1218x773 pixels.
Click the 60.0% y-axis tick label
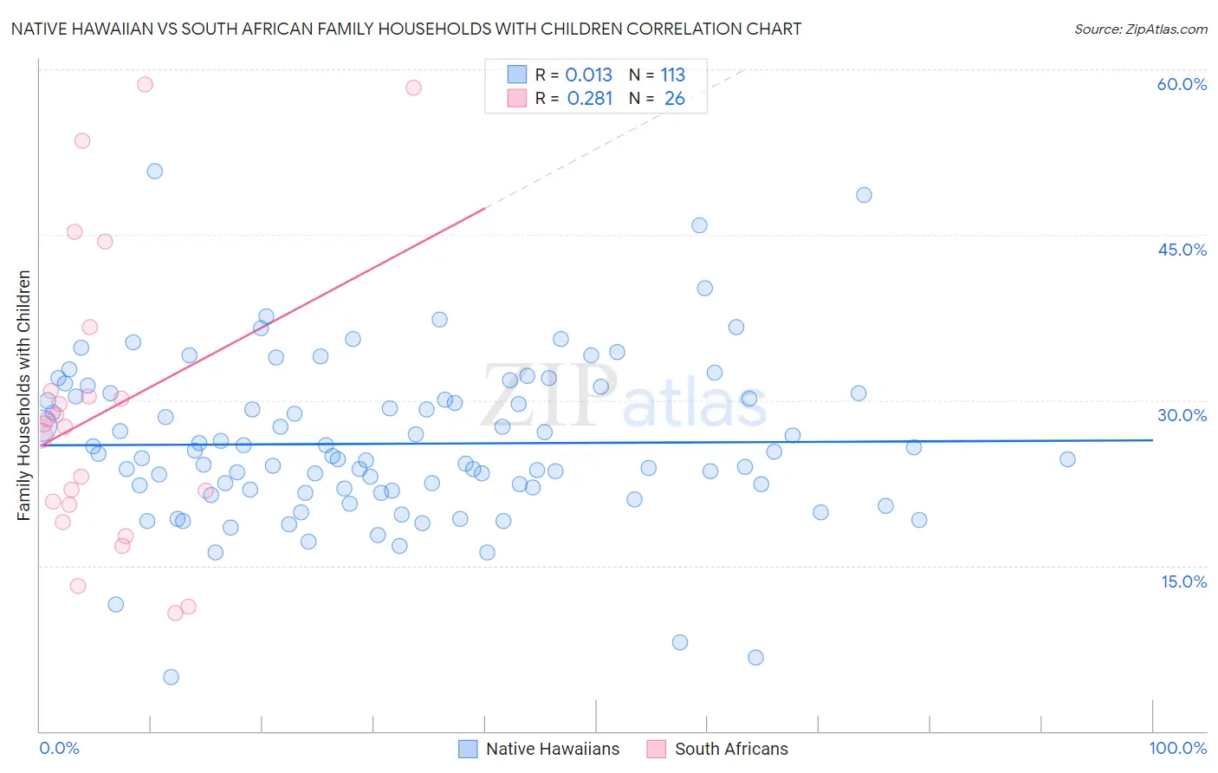tap(1182, 84)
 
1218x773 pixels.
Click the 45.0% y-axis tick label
tap(1182, 250)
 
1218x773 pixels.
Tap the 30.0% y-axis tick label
tap(1182, 415)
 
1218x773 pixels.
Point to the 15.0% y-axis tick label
tap(1183, 581)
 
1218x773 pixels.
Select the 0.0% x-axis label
tap(59, 748)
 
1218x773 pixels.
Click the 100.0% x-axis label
tap(1177, 748)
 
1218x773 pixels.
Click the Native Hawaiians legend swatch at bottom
tap(468, 749)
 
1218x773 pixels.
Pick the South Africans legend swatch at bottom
tap(657, 749)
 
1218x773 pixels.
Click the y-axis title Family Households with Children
tap(24, 395)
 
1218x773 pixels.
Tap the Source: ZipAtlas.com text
tap(1140, 29)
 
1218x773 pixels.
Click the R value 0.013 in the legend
tap(588, 75)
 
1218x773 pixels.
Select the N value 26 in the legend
tap(674, 99)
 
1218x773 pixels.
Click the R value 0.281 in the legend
tap(589, 99)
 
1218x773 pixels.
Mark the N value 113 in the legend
tap(672, 75)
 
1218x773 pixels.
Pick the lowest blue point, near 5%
tap(171, 677)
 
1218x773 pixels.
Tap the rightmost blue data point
tap(1067, 459)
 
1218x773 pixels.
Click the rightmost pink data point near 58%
tap(413, 88)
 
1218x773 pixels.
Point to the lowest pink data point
tap(175, 613)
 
